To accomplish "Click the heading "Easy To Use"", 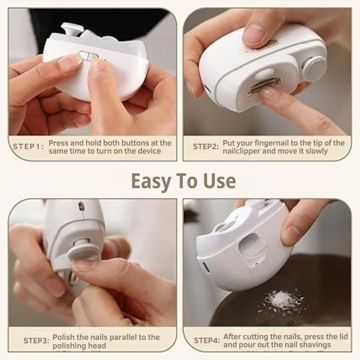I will coord(183,181).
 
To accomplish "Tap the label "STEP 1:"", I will coord(28,147).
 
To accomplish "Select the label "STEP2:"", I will coord(206,147).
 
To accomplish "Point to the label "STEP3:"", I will coord(36,341).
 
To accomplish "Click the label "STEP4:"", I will coord(207,341).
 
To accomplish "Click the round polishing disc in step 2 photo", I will coord(314,68).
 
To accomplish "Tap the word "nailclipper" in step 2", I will coord(241,151).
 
